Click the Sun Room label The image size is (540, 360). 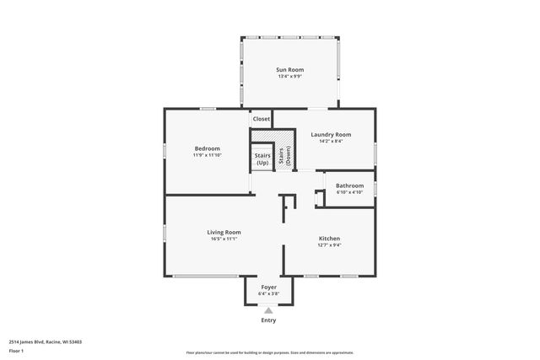click(x=290, y=69)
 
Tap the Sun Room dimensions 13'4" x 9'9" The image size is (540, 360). click(x=290, y=77)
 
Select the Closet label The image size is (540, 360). click(x=262, y=119)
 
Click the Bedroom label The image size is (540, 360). click(x=207, y=148)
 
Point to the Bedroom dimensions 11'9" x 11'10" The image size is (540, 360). click(x=207, y=156)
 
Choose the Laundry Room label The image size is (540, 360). click(x=331, y=134)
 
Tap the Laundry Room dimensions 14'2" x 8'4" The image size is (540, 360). click(x=331, y=142)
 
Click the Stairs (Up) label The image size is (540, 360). click(x=262, y=159)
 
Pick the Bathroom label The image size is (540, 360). click(x=349, y=185)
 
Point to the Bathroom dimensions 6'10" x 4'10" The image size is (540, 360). click(x=349, y=192)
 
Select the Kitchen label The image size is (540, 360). click(x=329, y=239)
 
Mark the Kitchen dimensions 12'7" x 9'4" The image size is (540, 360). click(x=329, y=246)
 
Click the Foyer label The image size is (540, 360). click(x=268, y=287)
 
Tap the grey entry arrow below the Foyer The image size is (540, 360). click(x=268, y=311)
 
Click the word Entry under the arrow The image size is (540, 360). click(x=268, y=320)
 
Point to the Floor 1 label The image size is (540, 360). click(x=16, y=351)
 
